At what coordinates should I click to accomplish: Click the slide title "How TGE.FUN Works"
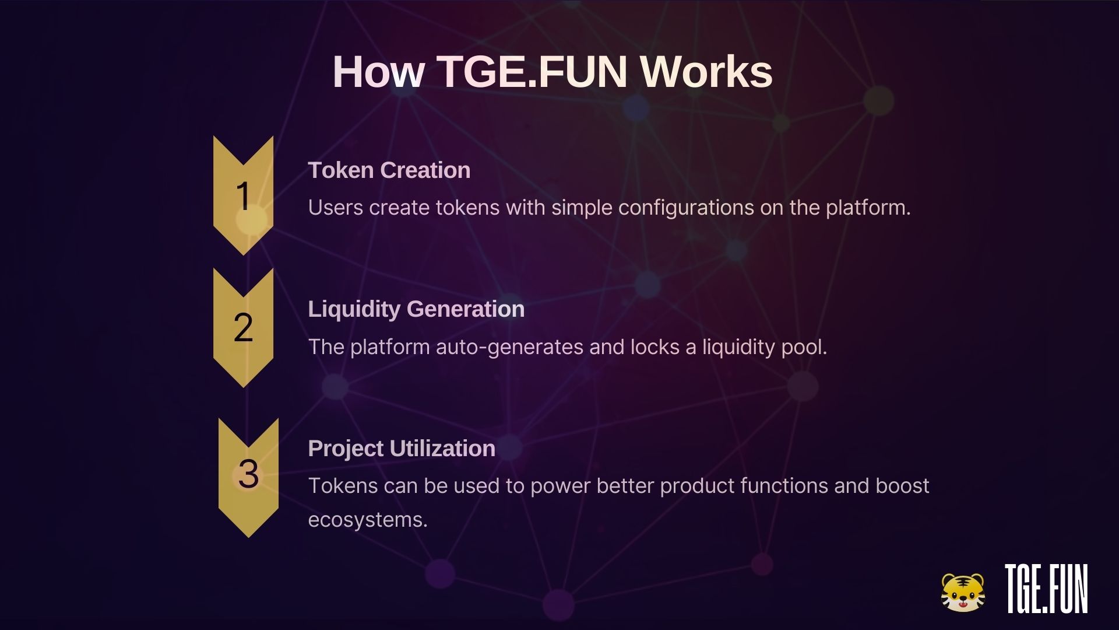(553, 72)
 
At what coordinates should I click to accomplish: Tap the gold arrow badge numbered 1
(243, 195)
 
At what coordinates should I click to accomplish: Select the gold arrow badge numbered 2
(243, 327)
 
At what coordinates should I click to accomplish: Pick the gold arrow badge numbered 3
(248, 477)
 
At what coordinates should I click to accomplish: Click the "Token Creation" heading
(389, 170)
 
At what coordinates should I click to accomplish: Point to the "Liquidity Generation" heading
(416, 309)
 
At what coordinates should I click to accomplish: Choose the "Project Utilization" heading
(402, 449)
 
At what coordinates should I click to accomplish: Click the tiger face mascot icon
(963, 593)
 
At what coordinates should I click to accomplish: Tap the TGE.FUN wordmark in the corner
(1047, 589)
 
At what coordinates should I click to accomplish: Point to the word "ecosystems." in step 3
(368, 520)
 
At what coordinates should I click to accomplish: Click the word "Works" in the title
(706, 72)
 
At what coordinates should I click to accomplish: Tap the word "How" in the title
(379, 72)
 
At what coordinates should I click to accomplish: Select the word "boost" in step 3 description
(902, 486)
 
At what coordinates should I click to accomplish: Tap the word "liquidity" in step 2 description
(738, 347)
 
